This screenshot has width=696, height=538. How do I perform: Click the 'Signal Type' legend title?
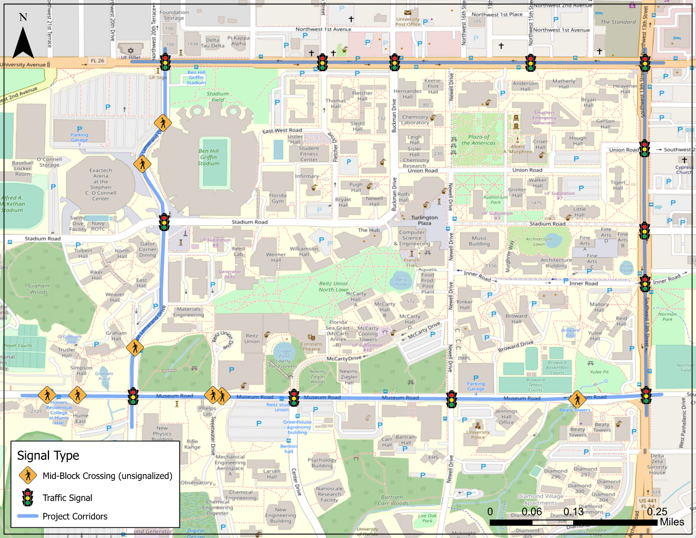click(x=48, y=455)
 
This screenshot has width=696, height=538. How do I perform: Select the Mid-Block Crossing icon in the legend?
click(x=28, y=475)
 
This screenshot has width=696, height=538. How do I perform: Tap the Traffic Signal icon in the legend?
click(x=28, y=497)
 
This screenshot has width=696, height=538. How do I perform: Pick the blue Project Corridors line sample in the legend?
click(x=28, y=516)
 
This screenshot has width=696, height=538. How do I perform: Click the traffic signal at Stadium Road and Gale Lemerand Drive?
click(x=165, y=222)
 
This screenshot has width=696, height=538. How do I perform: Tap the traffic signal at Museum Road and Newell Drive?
click(x=451, y=399)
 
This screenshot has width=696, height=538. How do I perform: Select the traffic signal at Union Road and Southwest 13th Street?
click(x=644, y=149)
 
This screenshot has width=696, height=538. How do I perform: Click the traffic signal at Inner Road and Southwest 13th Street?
click(x=645, y=283)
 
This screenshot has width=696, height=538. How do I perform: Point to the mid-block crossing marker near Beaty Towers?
click(x=577, y=399)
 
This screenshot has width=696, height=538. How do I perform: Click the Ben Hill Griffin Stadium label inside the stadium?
click(x=208, y=157)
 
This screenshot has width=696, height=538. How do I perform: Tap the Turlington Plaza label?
click(x=424, y=220)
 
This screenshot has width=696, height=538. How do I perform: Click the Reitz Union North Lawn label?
click(x=334, y=286)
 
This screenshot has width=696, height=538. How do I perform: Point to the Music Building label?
click(x=479, y=241)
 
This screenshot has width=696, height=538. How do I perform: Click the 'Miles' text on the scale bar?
click(x=672, y=522)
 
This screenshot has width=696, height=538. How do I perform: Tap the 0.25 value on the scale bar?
click(x=657, y=512)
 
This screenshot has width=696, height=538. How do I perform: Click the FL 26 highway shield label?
click(x=98, y=61)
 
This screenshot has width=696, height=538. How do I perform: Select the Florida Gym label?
click(x=278, y=198)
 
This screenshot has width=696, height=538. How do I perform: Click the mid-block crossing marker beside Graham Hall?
click(x=135, y=348)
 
